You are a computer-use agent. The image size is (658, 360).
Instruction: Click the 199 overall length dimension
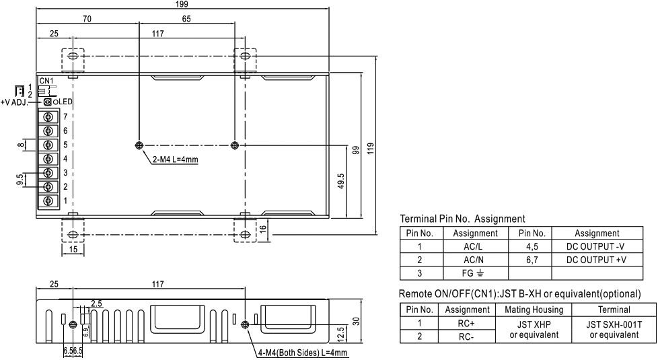click(182, 5)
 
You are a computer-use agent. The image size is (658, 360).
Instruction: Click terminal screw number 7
click(48, 116)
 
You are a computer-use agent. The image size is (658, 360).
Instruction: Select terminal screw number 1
click(48, 201)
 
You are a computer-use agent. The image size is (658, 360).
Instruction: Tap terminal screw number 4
click(48, 159)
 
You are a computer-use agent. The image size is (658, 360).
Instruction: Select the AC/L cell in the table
click(475, 246)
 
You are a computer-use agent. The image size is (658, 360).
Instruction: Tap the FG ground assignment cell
click(475, 273)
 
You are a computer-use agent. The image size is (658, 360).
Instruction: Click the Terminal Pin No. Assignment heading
click(462, 219)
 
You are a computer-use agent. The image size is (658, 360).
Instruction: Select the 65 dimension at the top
click(186, 20)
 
